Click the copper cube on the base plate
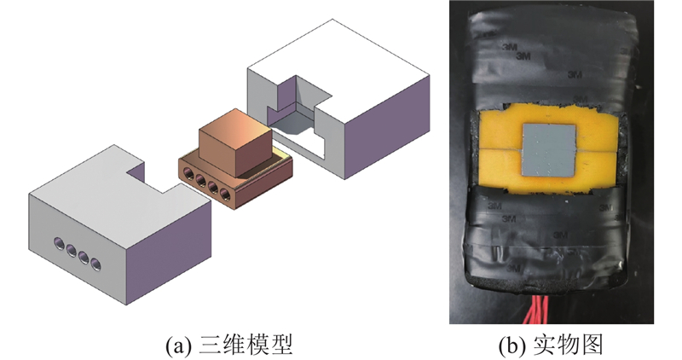click(235, 142)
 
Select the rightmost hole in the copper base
click(225, 194)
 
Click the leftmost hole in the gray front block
click(59, 244)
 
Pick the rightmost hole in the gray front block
click(95, 264)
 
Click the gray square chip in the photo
click(549, 150)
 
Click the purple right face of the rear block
click(387, 126)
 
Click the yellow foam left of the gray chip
click(500, 150)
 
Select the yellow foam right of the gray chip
click(598, 150)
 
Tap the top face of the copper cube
click(235, 130)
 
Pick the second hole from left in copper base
click(201, 180)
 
